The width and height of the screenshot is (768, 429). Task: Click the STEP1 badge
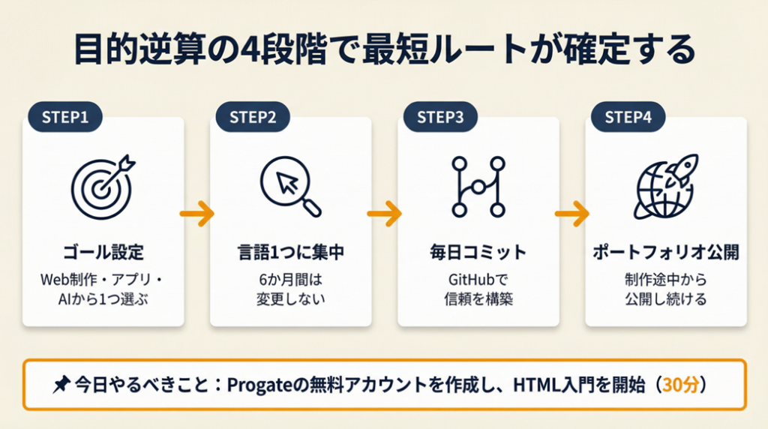point(65,117)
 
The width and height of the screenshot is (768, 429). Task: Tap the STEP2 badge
point(253,117)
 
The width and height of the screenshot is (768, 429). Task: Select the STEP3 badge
point(440,117)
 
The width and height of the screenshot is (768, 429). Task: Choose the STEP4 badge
point(628,117)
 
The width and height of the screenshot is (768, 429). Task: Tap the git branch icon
point(477,184)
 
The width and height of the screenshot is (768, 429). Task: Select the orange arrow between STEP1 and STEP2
point(197,214)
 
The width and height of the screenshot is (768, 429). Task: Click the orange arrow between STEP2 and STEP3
point(384,214)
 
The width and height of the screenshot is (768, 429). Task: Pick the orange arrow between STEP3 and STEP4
point(571,214)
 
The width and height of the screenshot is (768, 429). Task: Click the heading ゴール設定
point(103,252)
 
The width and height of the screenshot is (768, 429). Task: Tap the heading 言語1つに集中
point(290,252)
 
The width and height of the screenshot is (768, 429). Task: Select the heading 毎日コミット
point(478,252)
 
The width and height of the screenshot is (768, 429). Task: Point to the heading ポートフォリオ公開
point(665,252)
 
